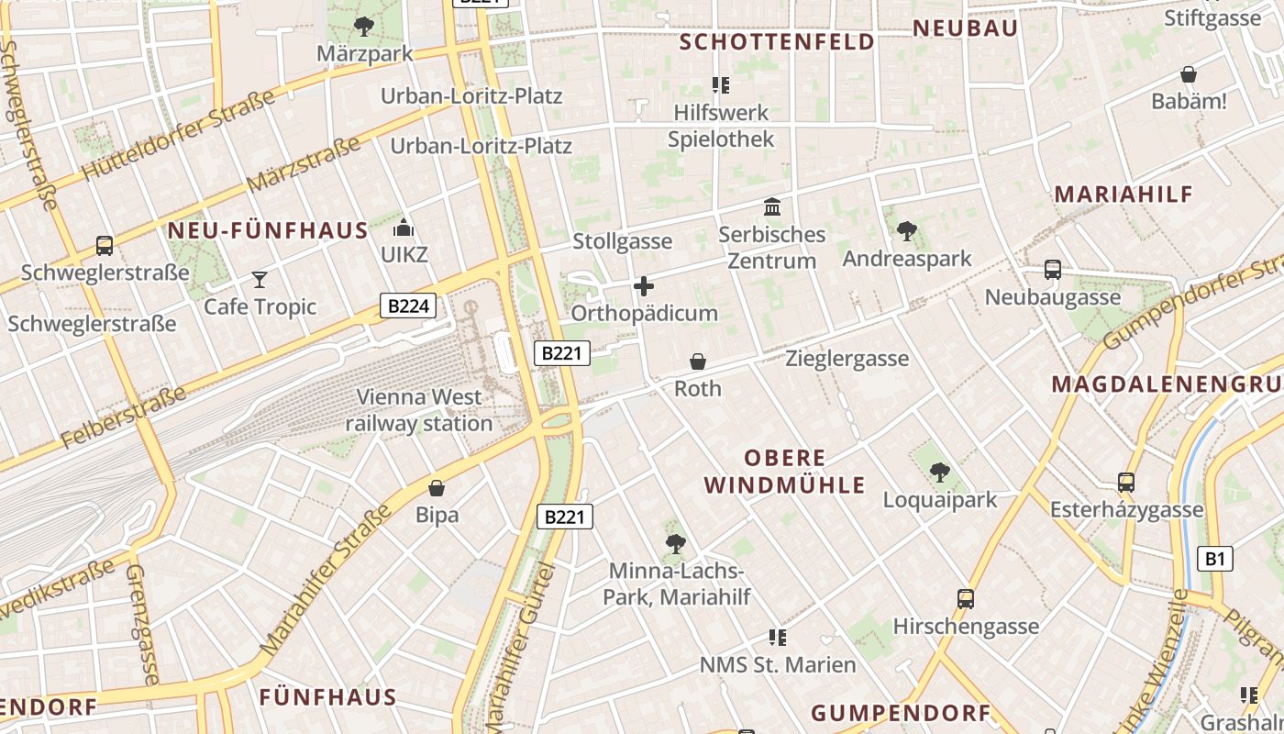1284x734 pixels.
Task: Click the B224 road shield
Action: [x=408, y=306]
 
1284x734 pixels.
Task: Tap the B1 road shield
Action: [x=1215, y=558]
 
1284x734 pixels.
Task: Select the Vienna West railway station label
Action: [x=419, y=410]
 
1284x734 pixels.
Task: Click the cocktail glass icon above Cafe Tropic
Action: [x=260, y=279]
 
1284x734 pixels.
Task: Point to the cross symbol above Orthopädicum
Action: [x=644, y=286]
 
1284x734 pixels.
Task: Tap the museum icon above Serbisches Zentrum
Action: [x=772, y=207]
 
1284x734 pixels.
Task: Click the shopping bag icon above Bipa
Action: [x=437, y=487]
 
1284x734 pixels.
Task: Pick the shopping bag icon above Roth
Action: [x=698, y=361]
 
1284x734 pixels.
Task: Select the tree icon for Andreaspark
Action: [x=906, y=231]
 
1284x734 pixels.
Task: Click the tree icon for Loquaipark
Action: [x=939, y=473]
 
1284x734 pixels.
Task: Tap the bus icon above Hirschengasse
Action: [x=966, y=599]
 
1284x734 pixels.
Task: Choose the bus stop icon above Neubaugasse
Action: [x=1053, y=270]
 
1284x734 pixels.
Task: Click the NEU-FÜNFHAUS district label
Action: [x=268, y=230]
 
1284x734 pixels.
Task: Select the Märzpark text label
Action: [x=365, y=54]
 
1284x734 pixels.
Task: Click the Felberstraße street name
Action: [x=125, y=418]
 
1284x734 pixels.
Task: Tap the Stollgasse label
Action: [x=623, y=242]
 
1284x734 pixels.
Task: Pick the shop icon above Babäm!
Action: [x=1189, y=74]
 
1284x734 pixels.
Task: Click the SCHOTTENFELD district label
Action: [x=777, y=42]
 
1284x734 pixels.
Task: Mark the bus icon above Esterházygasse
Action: [x=1126, y=482]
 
